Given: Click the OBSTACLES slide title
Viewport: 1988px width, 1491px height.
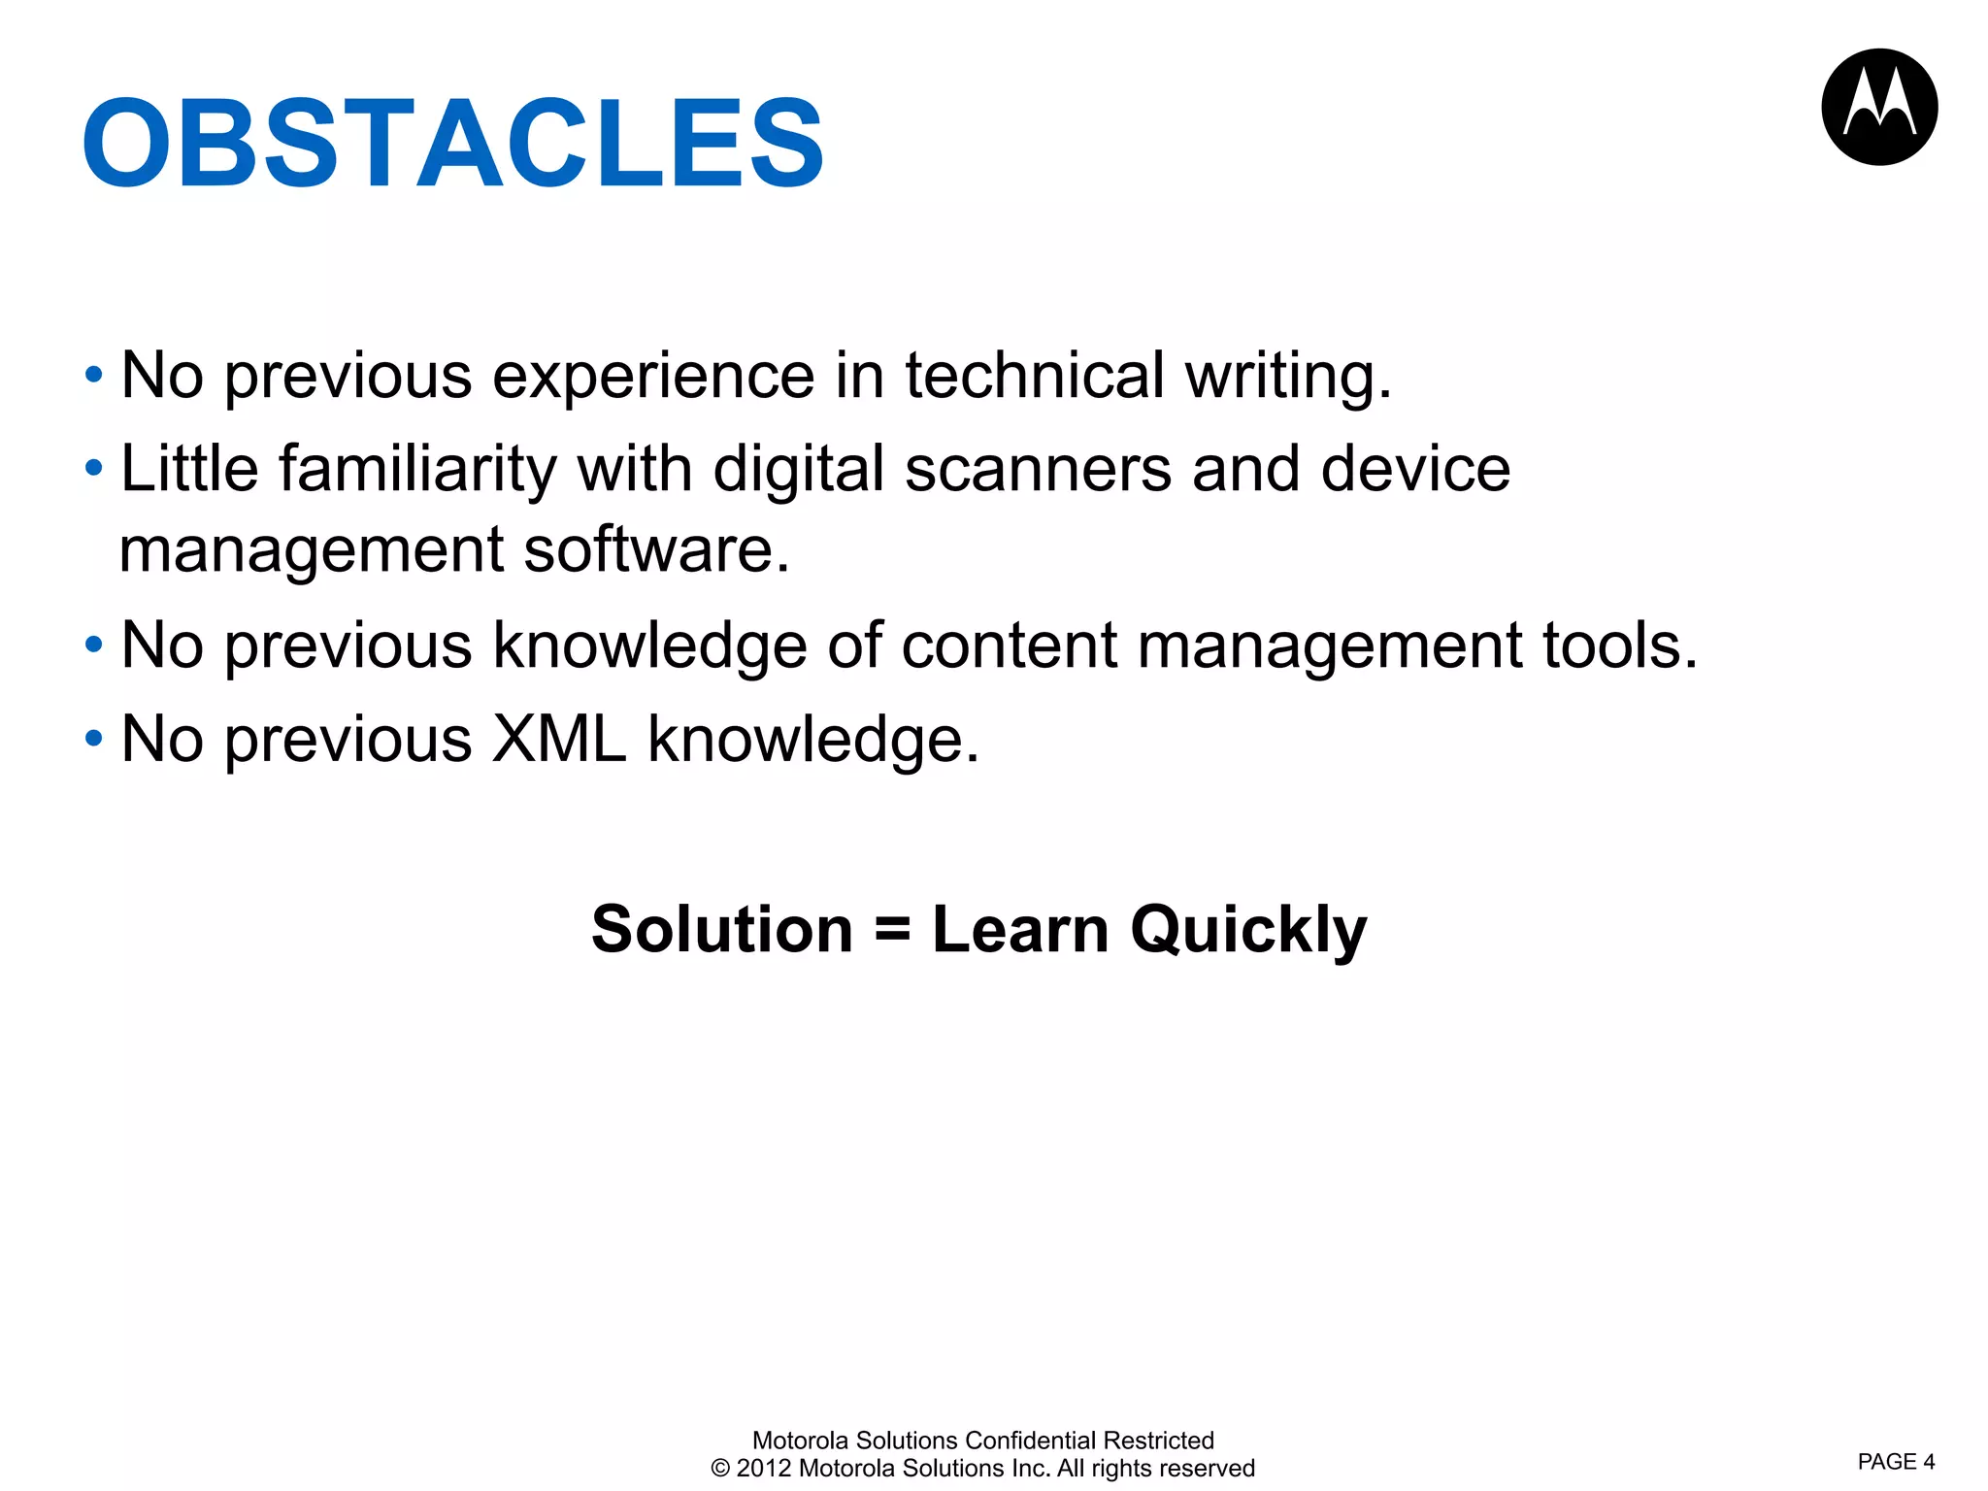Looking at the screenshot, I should (x=453, y=144).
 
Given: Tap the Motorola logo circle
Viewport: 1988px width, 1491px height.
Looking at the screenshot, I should (x=1879, y=107).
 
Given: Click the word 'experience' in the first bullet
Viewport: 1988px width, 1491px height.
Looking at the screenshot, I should (x=653, y=377).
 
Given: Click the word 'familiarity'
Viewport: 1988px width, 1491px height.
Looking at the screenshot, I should (x=418, y=470).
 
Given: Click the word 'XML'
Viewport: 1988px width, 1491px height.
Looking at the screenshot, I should (x=559, y=740).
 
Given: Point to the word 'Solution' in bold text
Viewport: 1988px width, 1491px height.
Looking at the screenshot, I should (x=721, y=929).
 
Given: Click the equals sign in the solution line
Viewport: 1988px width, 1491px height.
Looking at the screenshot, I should (x=892, y=930).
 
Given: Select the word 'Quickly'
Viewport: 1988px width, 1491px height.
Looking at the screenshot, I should (x=1248, y=931).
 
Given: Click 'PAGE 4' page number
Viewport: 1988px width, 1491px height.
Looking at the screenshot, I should (x=1896, y=1462).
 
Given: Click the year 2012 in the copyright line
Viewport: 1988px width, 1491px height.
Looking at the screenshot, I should (x=764, y=1469).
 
